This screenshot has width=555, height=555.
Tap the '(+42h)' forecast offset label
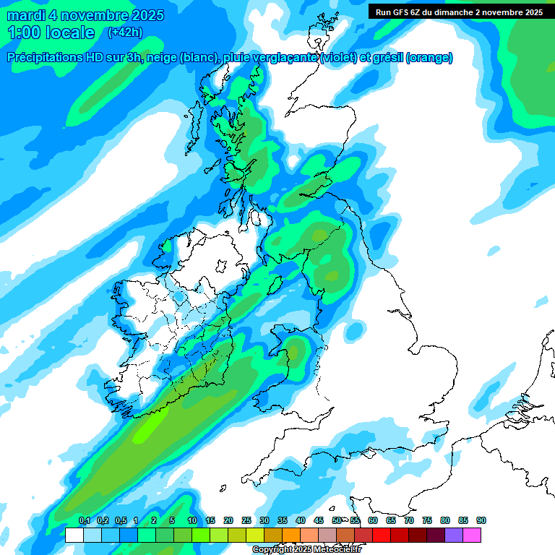125,33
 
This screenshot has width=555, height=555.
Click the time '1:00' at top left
25,33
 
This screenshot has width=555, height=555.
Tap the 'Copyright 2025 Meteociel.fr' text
306,550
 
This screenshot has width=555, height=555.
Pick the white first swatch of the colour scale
74,535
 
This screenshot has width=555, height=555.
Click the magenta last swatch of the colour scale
472,535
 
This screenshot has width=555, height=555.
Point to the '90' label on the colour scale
481,520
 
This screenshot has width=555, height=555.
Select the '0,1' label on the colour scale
84,520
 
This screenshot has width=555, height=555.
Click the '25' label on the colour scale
246,520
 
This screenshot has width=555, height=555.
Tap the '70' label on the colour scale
409,520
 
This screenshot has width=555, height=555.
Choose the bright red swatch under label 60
382,535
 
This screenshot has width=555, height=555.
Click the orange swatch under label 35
291,535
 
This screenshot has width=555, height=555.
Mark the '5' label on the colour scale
172,520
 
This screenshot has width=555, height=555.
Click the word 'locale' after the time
70,33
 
